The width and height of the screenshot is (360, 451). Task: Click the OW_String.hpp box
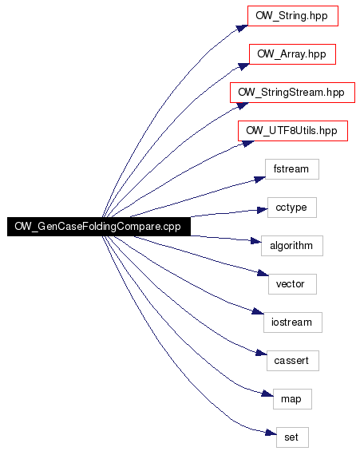pyautogui.click(x=293, y=16)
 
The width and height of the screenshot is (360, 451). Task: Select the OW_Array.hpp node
pyautogui.click(x=292, y=54)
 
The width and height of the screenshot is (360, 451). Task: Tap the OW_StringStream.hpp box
pyautogui.click(x=292, y=93)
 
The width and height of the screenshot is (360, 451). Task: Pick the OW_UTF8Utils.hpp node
pyautogui.click(x=293, y=131)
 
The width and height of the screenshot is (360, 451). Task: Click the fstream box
pyautogui.click(x=292, y=169)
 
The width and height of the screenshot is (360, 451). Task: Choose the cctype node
pyautogui.click(x=292, y=208)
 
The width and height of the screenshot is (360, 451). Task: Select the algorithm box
pyautogui.click(x=292, y=246)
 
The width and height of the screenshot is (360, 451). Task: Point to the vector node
pyautogui.click(x=292, y=284)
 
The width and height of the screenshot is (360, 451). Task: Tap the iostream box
pyautogui.click(x=293, y=322)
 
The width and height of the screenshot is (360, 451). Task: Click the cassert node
pyautogui.click(x=293, y=361)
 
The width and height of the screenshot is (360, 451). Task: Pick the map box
pyautogui.click(x=292, y=399)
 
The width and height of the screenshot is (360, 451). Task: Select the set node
pyautogui.click(x=292, y=437)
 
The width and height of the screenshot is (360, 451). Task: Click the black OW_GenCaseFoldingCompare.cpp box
pyautogui.click(x=99, y=227)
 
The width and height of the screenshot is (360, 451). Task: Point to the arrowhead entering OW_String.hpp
pyautogui.click(x=242, y=28)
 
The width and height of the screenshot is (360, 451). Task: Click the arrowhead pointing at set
pyautogui.click(x=271, y=433)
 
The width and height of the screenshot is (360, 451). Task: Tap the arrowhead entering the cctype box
pyautogui.click(x=263, y=210)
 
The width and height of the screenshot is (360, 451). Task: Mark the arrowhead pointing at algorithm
pyautogui.click(x=256, y=241)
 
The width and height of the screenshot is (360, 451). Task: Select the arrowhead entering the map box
pyautogui.click(x=267, y=394)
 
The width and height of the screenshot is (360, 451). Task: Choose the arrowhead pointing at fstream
pyautogui.click(x=260, y=180)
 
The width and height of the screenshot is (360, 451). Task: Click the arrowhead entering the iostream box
pyautogui.click(x=258, y=311)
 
